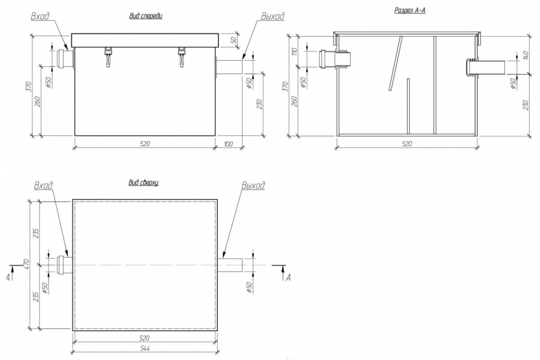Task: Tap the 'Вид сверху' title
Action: (x=144, y=183)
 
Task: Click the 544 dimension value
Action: (x=144, y=348)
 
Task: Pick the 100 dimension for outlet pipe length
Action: (x=228, y=144)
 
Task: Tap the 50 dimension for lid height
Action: (x=233, y=40)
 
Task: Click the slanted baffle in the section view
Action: (x=395, y=63)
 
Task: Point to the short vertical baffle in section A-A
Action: (x=408, y=106)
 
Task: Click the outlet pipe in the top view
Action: (x=230, y=265)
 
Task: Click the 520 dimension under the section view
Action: (x=406, y=144)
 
